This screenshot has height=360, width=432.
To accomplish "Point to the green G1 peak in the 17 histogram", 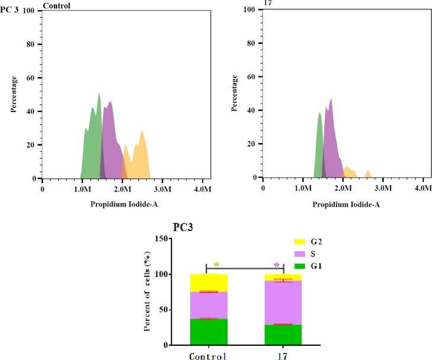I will coord(319,148).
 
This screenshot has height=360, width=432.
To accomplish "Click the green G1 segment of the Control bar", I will coord(206,332).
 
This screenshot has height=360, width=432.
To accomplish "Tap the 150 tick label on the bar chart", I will coord(158,239).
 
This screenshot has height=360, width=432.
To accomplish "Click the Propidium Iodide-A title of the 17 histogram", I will coord(343,204).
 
